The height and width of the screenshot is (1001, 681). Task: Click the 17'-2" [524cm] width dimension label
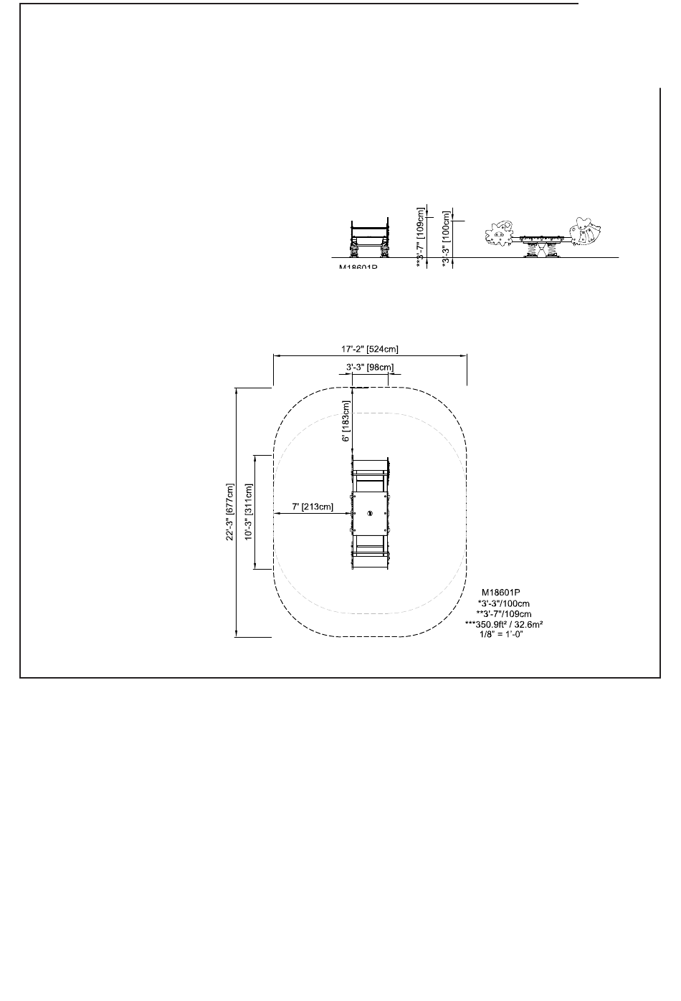pos(369,350)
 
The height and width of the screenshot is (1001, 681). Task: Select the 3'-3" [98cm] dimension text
pos(369,368)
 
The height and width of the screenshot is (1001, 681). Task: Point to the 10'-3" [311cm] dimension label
pos(249,512)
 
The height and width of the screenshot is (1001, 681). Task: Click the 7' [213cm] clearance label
pos(312,507)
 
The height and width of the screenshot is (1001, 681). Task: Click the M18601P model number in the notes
pos(501,593)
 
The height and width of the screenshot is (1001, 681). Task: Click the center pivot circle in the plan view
pos(370,513)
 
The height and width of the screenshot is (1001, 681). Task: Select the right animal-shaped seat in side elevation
pos(586,230)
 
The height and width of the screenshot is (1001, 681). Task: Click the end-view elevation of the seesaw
pos(369,239)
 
